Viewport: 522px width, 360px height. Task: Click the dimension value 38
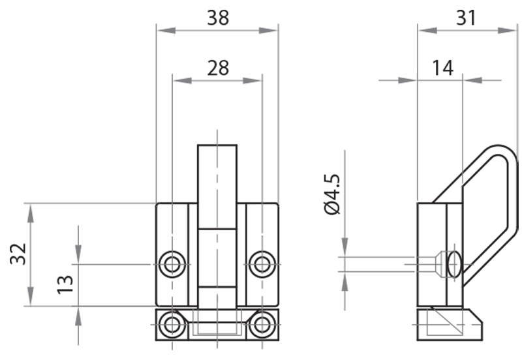pos(218,18)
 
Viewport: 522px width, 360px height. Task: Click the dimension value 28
pos(218,68)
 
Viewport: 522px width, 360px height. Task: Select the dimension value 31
pos(466,18)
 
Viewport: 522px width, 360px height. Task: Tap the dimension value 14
pos(442,67)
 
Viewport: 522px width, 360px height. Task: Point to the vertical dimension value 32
pos(18,254)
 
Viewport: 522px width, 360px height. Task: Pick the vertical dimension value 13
pos(65,283)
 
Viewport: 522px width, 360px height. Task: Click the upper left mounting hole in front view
pos(172,264)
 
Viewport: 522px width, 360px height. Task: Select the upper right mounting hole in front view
pos(262,264)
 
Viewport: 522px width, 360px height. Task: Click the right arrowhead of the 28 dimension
pos(256,81)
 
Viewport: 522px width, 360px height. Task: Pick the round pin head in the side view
pos(450,264)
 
